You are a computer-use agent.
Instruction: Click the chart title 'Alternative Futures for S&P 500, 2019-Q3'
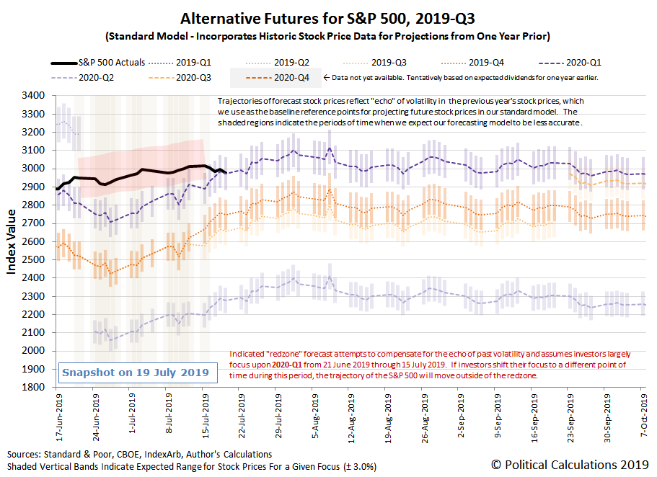[327, 19]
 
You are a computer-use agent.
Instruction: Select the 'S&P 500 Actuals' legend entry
[98, 63]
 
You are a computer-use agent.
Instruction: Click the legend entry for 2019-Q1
[180, 63]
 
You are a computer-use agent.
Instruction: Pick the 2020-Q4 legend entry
[278, 78]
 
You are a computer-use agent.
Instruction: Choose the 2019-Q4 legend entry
[472, 63]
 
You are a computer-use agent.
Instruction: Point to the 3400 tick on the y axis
[33, 96]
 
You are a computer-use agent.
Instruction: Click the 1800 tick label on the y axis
[33, 387]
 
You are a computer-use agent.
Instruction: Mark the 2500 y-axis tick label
[33, 259]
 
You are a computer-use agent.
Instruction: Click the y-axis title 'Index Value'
[11, 241]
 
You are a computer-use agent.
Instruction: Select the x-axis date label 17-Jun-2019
[59, 417]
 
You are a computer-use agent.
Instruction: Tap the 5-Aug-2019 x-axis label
[315, 416]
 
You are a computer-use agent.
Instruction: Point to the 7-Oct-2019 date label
[644, 416]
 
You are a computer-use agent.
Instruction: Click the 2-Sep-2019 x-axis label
[461, 416]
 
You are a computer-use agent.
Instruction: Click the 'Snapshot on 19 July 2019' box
[138, 373]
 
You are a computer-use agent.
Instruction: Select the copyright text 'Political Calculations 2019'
[576, 465]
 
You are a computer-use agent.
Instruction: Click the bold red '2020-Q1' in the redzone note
[287, 365]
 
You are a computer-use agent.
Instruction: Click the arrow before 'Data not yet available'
[327, 78]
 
